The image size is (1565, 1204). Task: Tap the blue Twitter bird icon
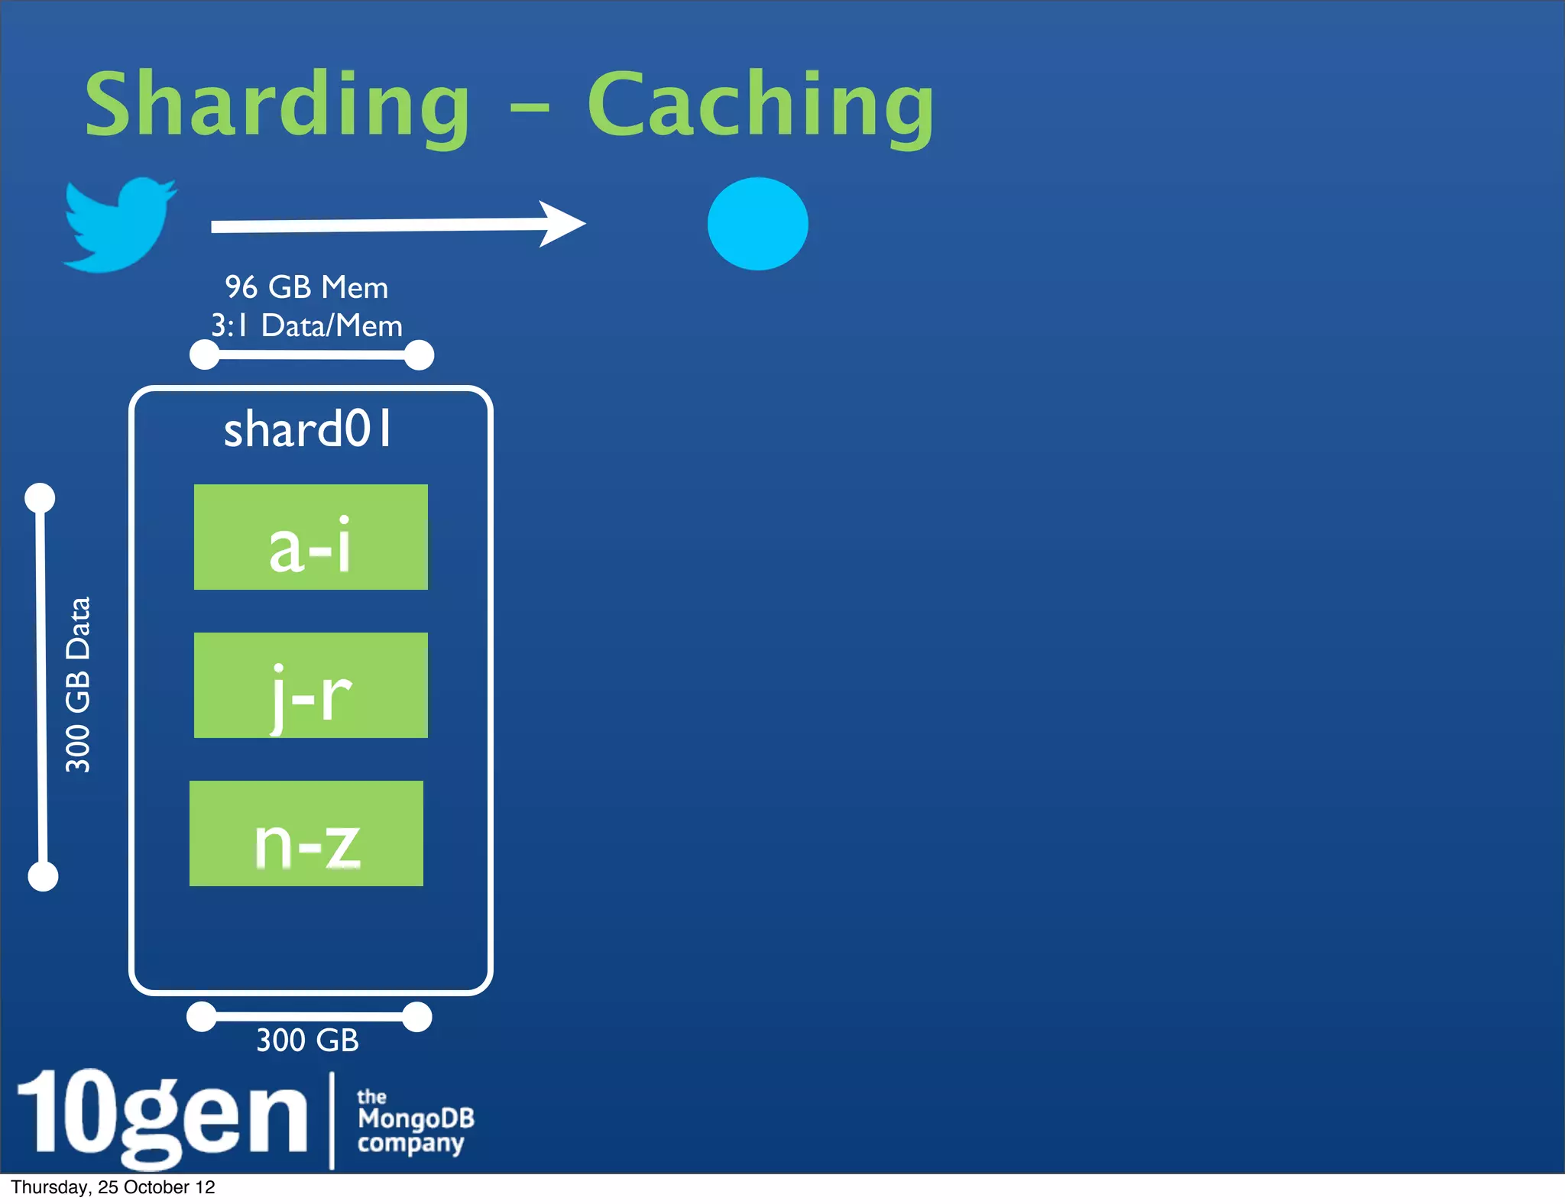coord(118,225)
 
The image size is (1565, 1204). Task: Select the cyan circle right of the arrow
coord(757,224)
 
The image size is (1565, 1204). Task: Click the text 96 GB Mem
coord(306,288)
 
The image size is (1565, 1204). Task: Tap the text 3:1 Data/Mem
coord(306,326)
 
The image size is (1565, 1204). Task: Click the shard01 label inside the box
coord(308,429)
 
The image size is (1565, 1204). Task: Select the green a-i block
coord(311,537)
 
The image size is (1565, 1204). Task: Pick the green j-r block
coord(311,685)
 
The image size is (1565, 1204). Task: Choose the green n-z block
coord(306,833)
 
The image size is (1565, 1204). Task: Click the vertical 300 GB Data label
coord(78,685)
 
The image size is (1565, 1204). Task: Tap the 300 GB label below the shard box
coord(307,1041)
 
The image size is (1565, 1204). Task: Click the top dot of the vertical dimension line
coord(40,498)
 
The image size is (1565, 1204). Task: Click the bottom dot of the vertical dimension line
coord(43,876)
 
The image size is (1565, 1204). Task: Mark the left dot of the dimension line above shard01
coord(205,355)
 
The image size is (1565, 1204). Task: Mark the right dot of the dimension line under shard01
coord(416,1017)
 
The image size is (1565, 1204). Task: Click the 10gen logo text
coord(162,1117)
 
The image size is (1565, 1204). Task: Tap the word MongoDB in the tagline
coord(416,1118)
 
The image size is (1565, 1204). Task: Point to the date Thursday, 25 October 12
coord(113,1187)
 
